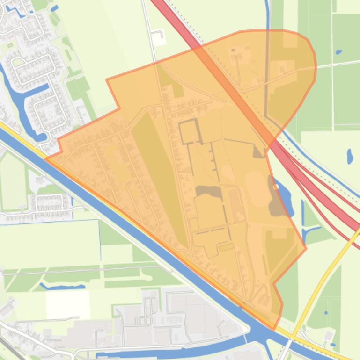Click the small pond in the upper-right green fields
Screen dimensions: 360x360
pyautogui.click(x=338, y=52)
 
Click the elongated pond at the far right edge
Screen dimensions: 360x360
pyautogui.click(x=350, y=156)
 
